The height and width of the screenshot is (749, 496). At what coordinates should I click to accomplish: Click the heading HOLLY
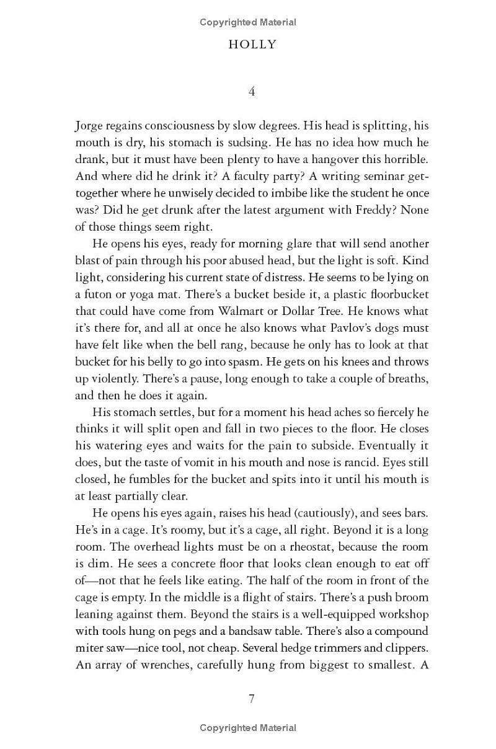coord(252,45)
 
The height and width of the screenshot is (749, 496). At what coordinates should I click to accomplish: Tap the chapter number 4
coord(252,91)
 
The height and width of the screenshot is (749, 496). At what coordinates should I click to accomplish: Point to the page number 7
coord(252,699)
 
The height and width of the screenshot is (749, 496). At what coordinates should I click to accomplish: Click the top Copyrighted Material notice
coord(248,22)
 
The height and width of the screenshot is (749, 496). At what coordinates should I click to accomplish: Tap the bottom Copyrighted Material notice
coord(248,728)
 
